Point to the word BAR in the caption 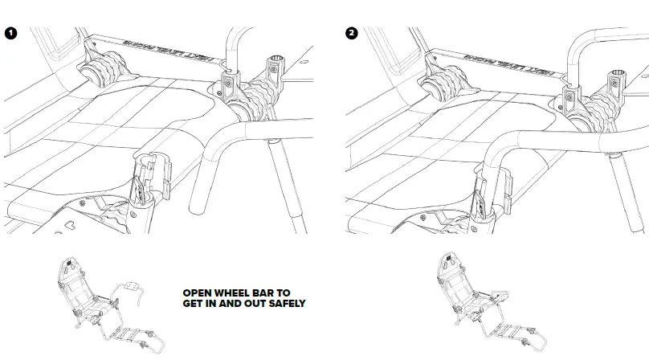point(269,293)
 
